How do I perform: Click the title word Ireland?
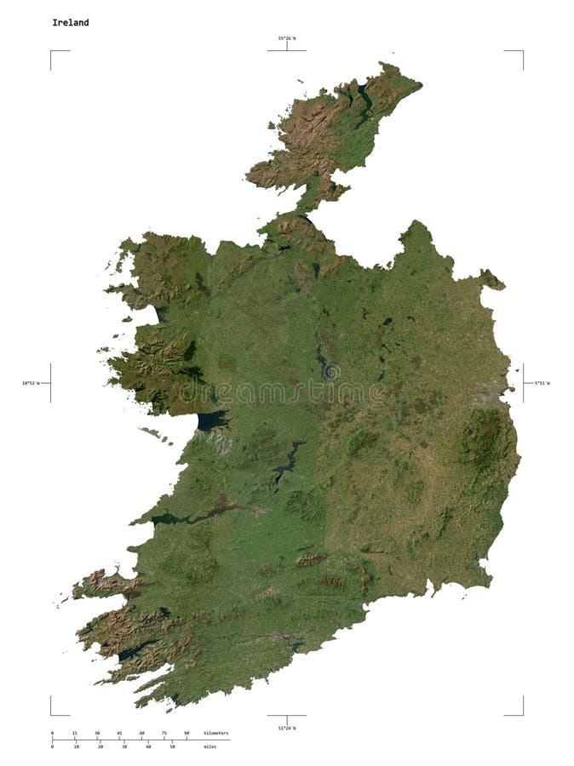71,22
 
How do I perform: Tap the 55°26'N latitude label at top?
286,38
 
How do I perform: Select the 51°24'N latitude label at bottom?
286,728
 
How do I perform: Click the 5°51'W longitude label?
542,383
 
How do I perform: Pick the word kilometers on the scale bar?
216,733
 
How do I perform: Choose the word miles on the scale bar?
210,746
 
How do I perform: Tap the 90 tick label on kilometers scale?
187,733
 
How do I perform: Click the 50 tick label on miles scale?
173,746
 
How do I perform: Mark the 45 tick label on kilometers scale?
119,733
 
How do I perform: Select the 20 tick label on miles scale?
100,746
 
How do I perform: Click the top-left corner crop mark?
51,51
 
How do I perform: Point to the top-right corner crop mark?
522,51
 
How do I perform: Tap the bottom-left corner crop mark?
51,714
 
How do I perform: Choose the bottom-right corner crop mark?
522,714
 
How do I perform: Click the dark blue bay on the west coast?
210,420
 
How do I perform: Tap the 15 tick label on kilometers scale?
74,733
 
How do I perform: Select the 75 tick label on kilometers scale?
164,733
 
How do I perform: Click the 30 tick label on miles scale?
124,746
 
